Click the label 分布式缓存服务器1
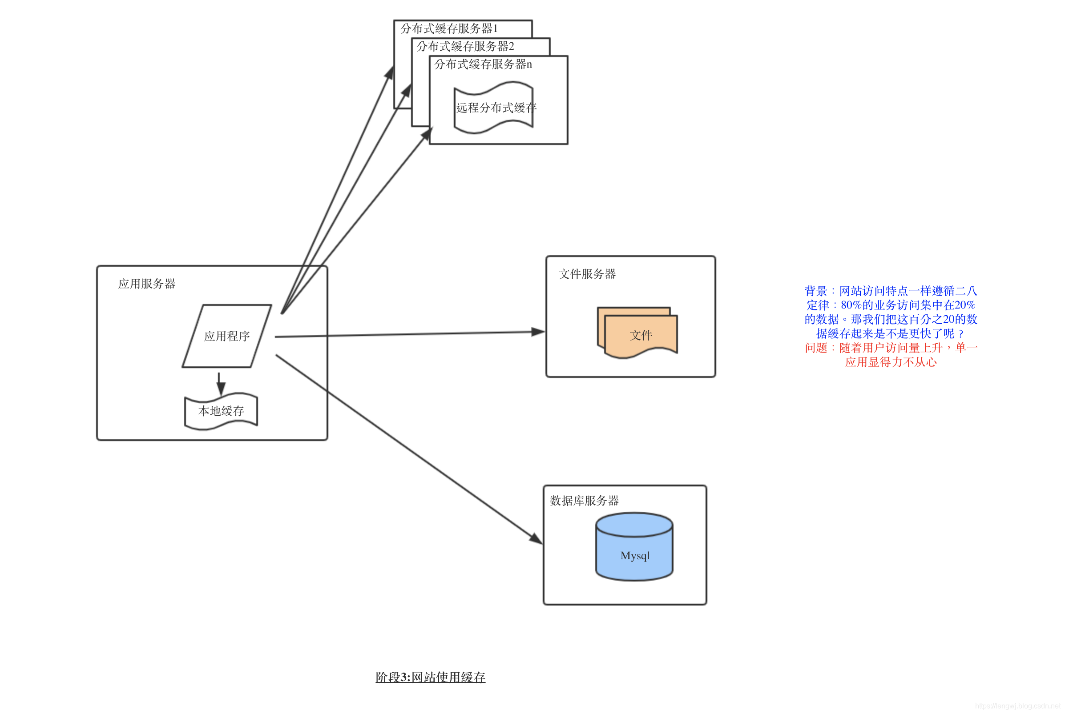click(449, 29)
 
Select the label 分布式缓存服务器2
click(465, 46)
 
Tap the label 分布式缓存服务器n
click(483, 64)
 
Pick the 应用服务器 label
click(147, 284)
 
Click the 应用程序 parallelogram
click(227, 336)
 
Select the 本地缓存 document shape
click(221, 411)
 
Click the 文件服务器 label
click(587, 274)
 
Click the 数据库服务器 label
click(584, 501)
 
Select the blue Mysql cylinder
click(634, 551)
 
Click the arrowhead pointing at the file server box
click(538, 332)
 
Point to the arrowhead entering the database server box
click(536, 539)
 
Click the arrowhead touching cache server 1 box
click(389, 73)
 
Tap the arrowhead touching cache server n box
click(427, 134)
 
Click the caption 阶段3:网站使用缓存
click(430, 677)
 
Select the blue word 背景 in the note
click(815, 291)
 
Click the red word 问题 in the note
click(815, 348)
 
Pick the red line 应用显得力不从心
click(890, 362)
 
